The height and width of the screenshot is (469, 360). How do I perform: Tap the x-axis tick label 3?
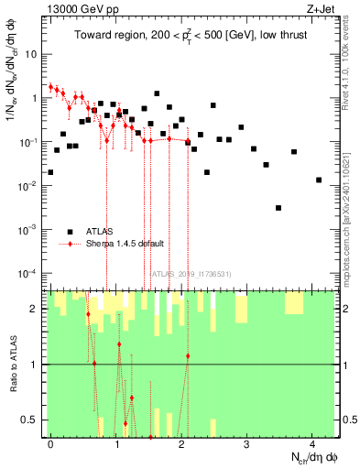(x=246, y=443)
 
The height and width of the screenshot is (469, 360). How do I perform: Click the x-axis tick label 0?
(x=50, y=443)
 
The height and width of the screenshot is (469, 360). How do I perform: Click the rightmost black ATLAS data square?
(x=318, y=180)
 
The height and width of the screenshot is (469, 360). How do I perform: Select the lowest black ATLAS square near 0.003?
(x=278, y=208)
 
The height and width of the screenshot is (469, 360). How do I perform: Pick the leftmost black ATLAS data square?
(x=50, y=172)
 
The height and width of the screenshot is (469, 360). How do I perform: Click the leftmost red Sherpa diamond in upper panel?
(x=50, y=87)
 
